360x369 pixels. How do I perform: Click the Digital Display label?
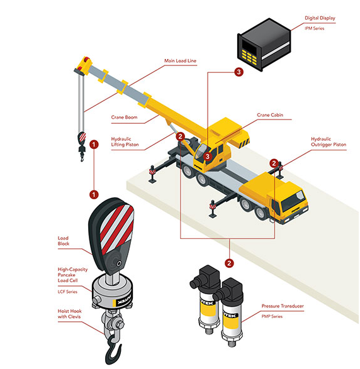[320, 18]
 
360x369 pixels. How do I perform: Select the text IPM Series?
[314, 28]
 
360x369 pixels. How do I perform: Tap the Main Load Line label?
[180, 61]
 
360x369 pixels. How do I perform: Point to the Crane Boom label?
[124, 117]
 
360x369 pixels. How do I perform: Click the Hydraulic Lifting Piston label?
[125, 141]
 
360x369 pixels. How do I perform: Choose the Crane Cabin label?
[270, 115]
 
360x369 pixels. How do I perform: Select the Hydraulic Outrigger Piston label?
[329, 141]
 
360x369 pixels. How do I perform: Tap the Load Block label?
[64, 241]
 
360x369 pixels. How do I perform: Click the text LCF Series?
[67, 292]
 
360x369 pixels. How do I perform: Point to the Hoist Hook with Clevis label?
[69, 314]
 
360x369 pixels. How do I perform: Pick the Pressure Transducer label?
[283, 306]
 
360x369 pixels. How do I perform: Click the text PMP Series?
[272, 317]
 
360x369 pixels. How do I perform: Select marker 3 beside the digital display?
[239, 72]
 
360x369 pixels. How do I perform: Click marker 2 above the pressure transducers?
[229, 263]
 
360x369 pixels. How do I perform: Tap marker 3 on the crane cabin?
[207, 157]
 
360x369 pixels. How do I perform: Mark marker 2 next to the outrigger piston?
[274, 163]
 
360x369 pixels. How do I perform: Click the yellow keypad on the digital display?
[249, 57]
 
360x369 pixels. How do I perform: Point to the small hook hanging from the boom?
[82, 146]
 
